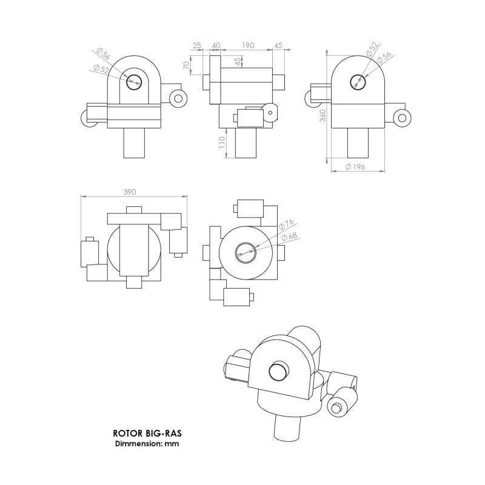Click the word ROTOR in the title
click(126, 434)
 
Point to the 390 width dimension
click(129, 192)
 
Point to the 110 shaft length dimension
click(222, 143)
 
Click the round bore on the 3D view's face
click(278, 369)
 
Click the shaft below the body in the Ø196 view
click(358, 144)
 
